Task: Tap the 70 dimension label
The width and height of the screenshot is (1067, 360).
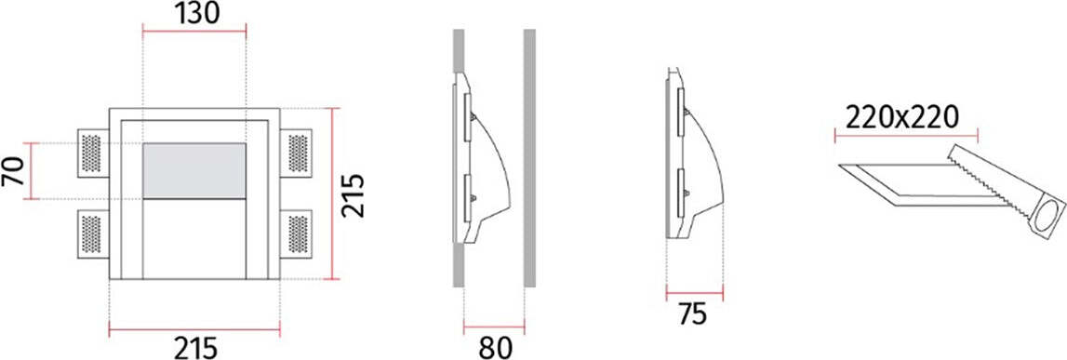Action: point(13,171)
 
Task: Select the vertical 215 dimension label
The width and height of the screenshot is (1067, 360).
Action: point(353,196)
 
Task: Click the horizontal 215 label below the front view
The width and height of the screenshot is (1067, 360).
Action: point(195,349)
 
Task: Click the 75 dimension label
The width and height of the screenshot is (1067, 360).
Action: point(693,314)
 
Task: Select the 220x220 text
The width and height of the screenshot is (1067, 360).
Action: point(902,118)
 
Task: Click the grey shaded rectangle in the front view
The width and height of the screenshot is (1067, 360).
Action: point(194,171)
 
